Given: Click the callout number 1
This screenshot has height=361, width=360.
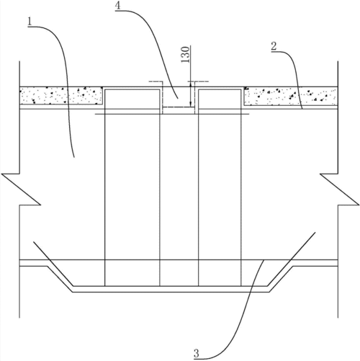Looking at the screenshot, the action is tap(30, 22).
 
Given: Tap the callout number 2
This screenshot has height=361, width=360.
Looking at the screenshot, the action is tap(274, 46).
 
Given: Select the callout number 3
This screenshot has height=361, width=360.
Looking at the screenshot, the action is tap(197, 354).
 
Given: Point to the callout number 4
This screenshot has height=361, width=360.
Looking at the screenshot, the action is tap(118, 5).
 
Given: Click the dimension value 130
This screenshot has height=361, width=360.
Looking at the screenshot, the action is tap(185, 55).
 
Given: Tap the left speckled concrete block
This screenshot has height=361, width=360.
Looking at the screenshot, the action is tap(61, 96).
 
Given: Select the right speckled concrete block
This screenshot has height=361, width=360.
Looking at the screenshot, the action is tap(291, 96).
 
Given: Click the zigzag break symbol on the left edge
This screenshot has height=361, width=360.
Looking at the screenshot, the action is tap(21, 190).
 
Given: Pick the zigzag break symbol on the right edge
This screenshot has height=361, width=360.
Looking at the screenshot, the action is tap(340, 190).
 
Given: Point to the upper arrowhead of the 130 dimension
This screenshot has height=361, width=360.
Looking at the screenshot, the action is tap(190, 84).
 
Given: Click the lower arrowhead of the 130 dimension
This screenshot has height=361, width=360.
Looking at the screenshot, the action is tap(190, 104).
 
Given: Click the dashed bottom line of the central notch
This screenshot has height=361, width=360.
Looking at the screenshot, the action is tap(179, 107).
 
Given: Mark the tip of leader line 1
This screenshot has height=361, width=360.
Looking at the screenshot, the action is tap(74, 157).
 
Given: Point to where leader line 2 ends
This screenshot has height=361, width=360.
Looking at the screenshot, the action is tap(302, 109).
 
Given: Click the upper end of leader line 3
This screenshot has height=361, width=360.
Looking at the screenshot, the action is tap(264, 260).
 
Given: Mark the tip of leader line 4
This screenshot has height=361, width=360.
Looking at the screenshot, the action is tap(178, 98).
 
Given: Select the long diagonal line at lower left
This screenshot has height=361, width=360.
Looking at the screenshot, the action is tap(53, 264).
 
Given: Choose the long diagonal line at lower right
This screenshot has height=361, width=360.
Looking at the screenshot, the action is tap(291, 259).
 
